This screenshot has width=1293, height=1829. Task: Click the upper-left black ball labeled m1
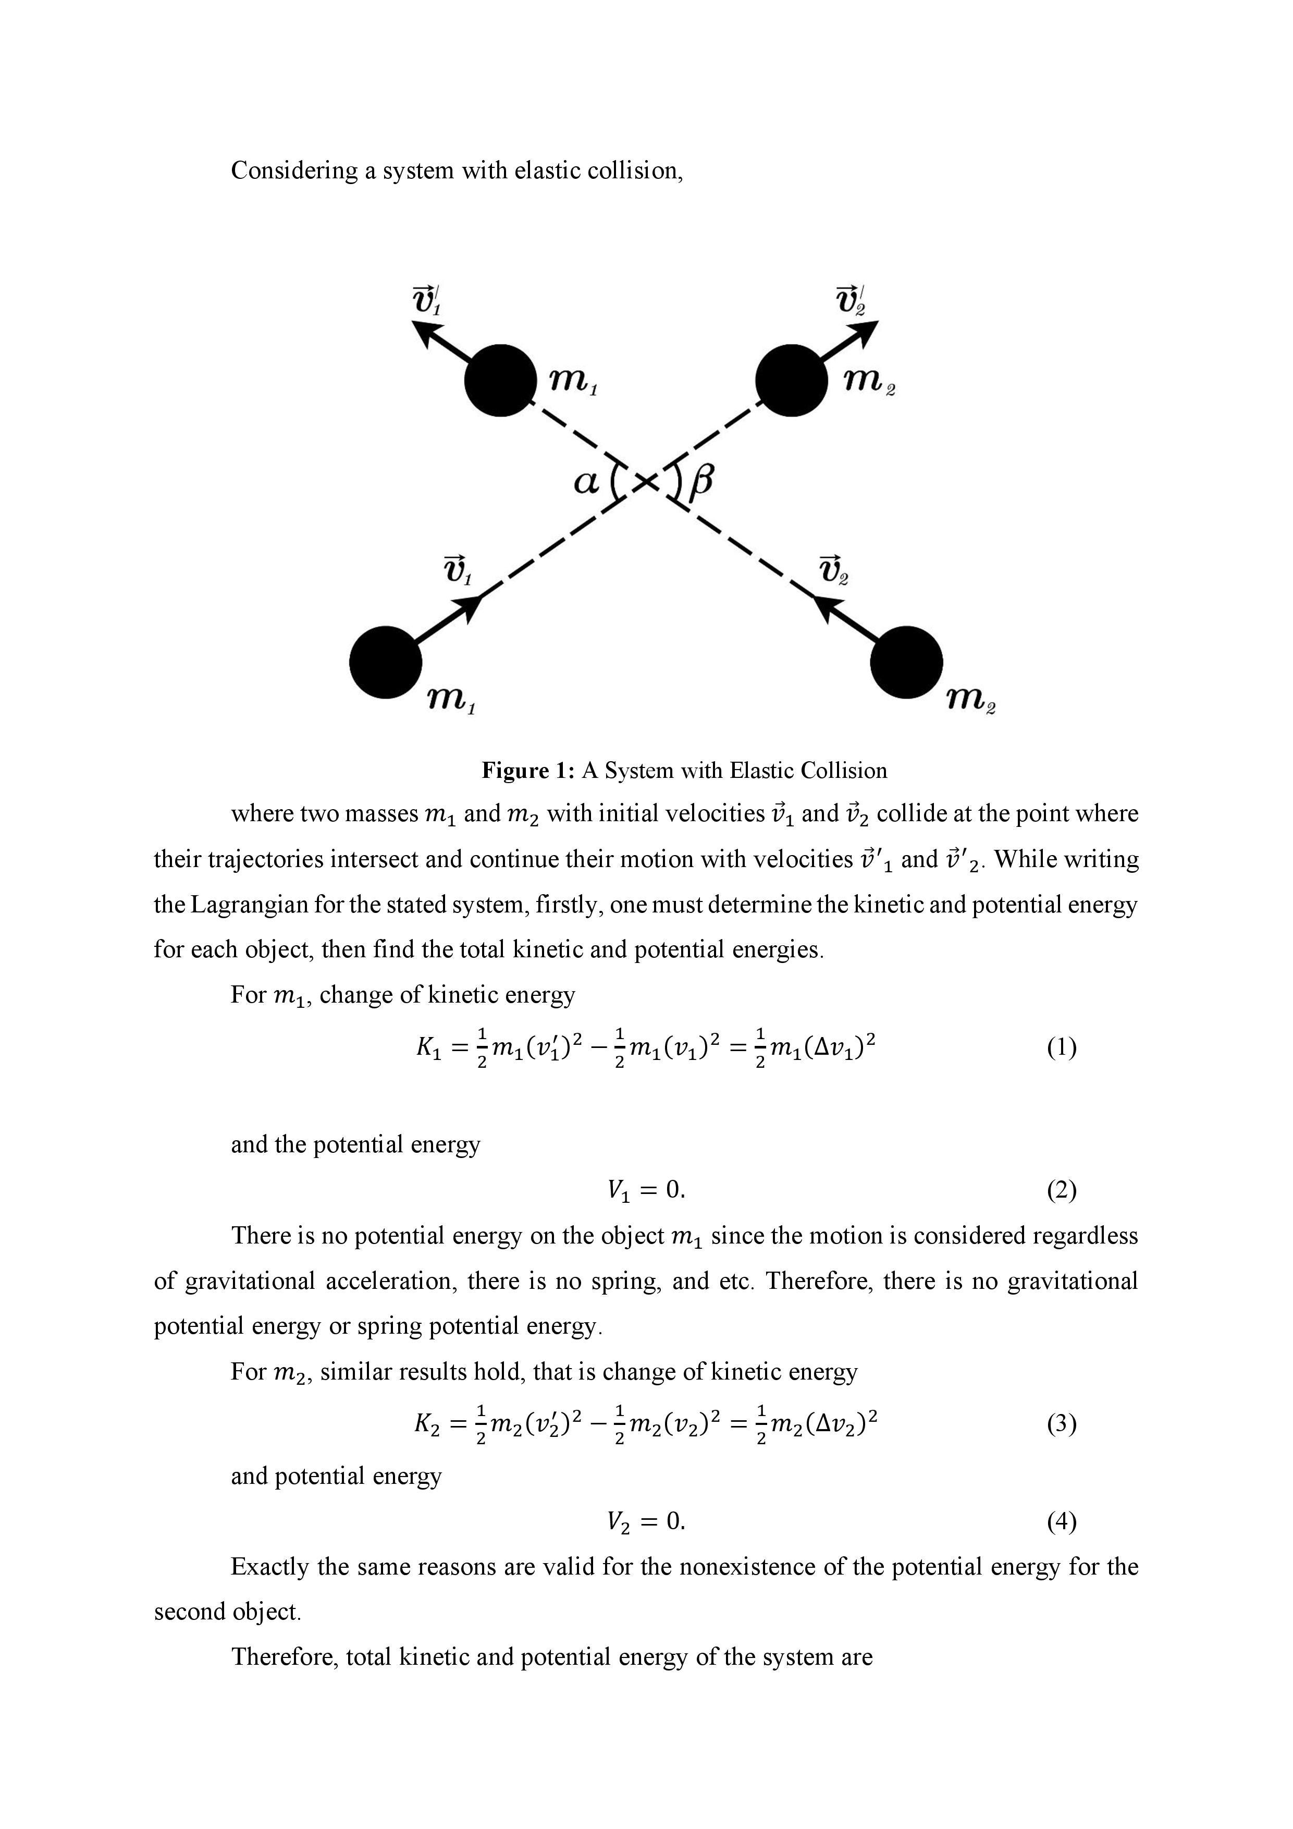coord(500,380)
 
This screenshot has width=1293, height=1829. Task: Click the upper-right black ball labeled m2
coord(791,380)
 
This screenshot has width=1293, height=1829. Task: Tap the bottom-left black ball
coord(385,662)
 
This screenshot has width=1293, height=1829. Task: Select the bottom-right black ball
coord(906,662)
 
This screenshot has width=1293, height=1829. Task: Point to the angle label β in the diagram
coord(701,482)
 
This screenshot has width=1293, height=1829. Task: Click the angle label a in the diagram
coord(585,482)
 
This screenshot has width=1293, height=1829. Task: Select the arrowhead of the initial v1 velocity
coord(471,607)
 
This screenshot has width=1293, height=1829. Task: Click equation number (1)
coord(1061,1047)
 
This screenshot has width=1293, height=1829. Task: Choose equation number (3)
coord(1061,1423)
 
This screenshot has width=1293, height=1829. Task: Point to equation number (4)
coord(1061,1521)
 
